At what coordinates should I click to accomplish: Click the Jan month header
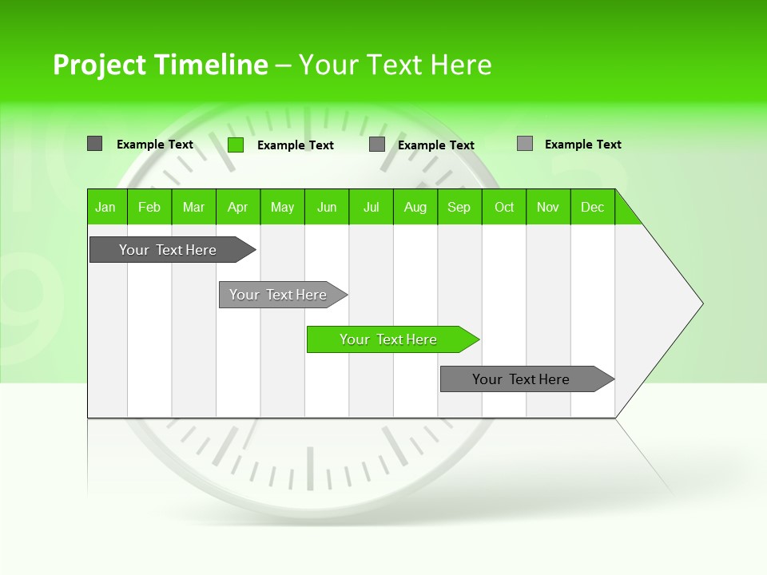105,207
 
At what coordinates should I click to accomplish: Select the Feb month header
149,207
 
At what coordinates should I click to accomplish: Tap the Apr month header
237,207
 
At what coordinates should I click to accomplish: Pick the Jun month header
327,207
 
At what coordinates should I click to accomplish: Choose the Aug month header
415,207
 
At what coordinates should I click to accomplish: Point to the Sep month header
459,207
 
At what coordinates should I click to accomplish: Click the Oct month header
504,207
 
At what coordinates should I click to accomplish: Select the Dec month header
592,207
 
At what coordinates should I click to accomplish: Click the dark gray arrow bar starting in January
168,250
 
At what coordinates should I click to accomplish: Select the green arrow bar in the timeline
388,339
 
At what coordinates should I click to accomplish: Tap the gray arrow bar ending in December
521,379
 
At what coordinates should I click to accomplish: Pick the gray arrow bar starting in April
278,295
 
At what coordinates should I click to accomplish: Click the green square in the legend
236,145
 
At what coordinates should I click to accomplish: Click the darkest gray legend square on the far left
95,144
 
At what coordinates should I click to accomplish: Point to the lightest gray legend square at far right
525,144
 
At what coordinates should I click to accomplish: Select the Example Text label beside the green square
296,145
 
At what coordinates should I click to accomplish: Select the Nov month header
548,207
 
